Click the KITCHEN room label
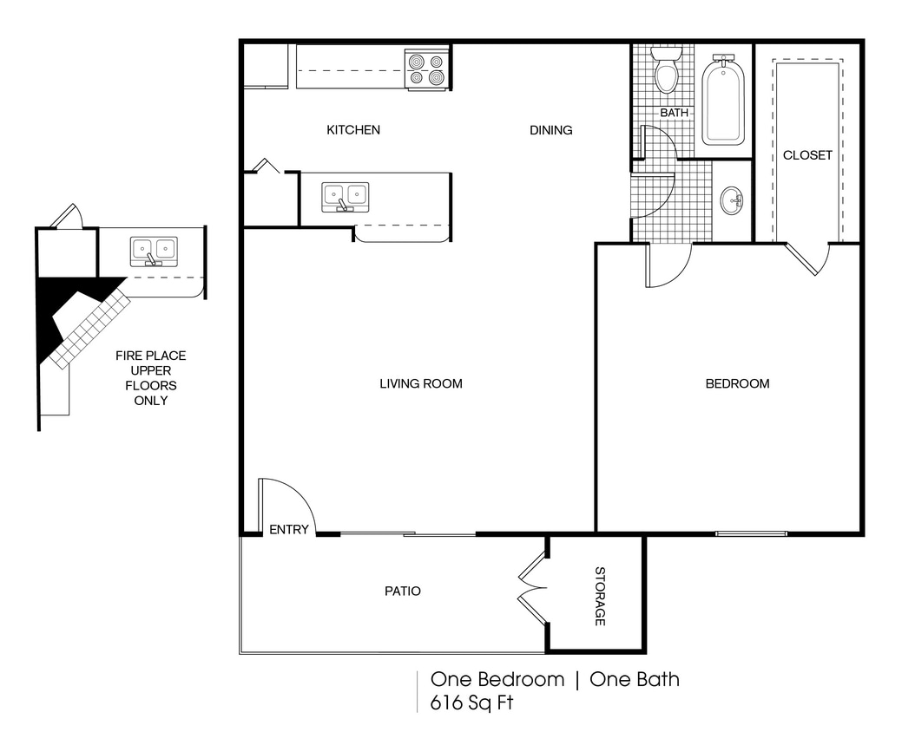pos(352,130)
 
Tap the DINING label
pos(551,130)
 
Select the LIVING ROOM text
pos(420,383)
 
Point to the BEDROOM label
pos(736,383)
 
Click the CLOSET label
pos(807,155)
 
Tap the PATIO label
pos(402,591)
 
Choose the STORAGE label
pos(599,596)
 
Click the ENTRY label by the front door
pos(288,529)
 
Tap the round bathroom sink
pos(732,201)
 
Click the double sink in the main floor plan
pos(345,197)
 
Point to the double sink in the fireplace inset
pos(154,252)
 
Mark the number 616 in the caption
pos(449,702)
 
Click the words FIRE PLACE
pos(150,356)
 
